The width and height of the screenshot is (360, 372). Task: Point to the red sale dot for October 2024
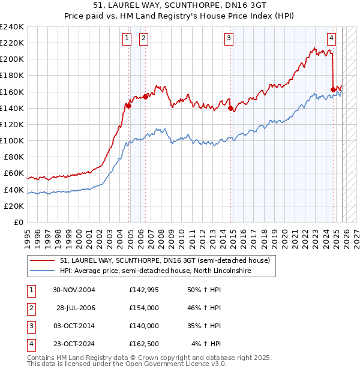coord(333,90)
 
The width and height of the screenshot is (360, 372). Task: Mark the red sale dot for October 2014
coord(231,108)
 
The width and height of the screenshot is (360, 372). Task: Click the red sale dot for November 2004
coord(128,106)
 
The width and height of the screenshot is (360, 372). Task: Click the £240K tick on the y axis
coord(12,27)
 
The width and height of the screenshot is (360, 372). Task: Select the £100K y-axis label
coord(12,140)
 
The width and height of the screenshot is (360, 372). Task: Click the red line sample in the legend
coord(42,260)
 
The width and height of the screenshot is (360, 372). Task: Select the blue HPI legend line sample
coord(42,271)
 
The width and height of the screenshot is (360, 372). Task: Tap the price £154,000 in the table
coord(143,308)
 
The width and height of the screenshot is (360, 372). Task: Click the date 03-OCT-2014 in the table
coord(74,326)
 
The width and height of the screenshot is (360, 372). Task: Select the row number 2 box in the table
coord(31,308)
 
